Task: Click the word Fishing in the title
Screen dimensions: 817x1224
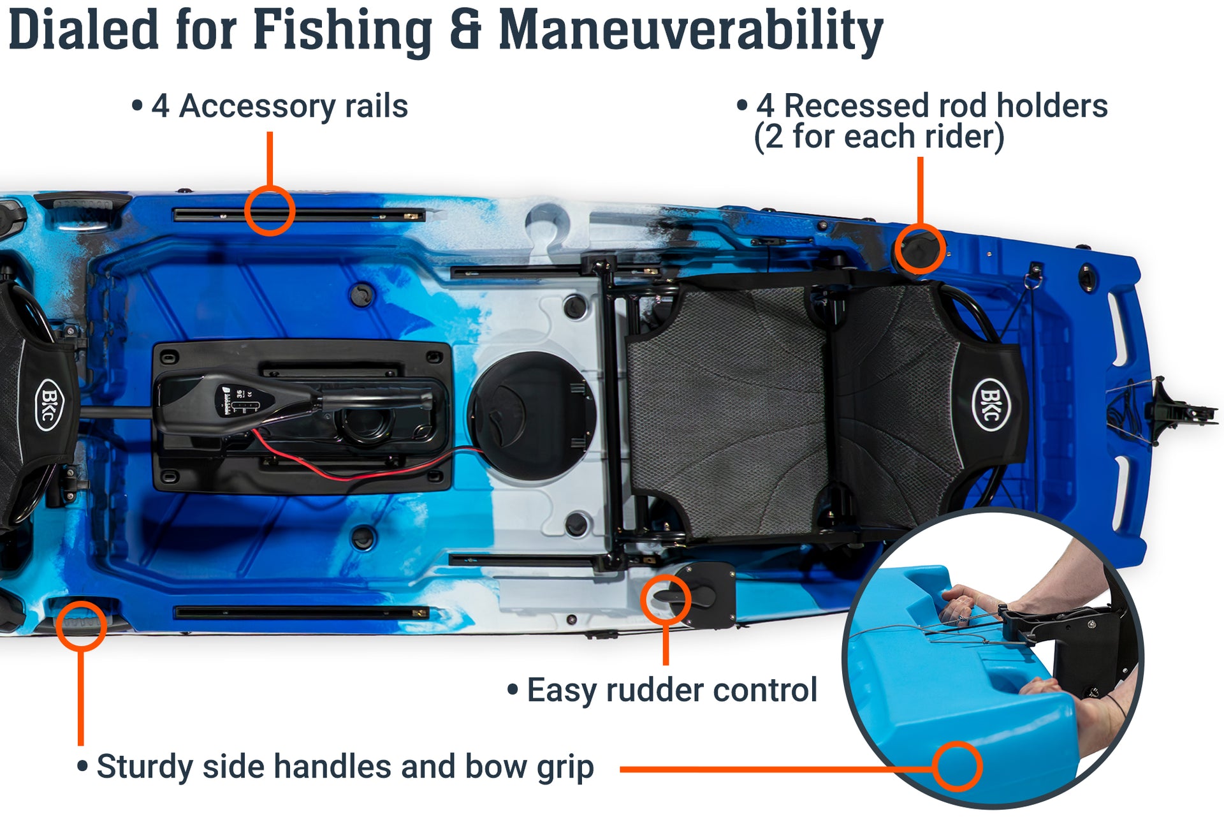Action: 342,31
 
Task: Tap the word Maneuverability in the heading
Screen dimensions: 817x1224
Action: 690,31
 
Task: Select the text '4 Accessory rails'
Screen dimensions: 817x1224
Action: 279,106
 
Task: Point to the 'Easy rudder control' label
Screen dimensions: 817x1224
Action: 671,690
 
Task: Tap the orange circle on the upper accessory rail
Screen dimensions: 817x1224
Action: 270,211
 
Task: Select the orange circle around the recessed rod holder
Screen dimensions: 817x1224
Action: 919,249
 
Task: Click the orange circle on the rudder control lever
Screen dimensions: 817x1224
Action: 666,599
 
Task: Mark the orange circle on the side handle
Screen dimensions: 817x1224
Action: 81,625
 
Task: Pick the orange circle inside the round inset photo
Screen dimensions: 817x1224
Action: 958,767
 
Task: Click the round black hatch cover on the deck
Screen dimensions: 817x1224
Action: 531,416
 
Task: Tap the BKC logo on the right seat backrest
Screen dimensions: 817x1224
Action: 990,404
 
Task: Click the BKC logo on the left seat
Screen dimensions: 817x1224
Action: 48,404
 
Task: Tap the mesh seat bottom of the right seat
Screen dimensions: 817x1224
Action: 727,408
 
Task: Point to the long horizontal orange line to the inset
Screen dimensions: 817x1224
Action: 765,769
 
